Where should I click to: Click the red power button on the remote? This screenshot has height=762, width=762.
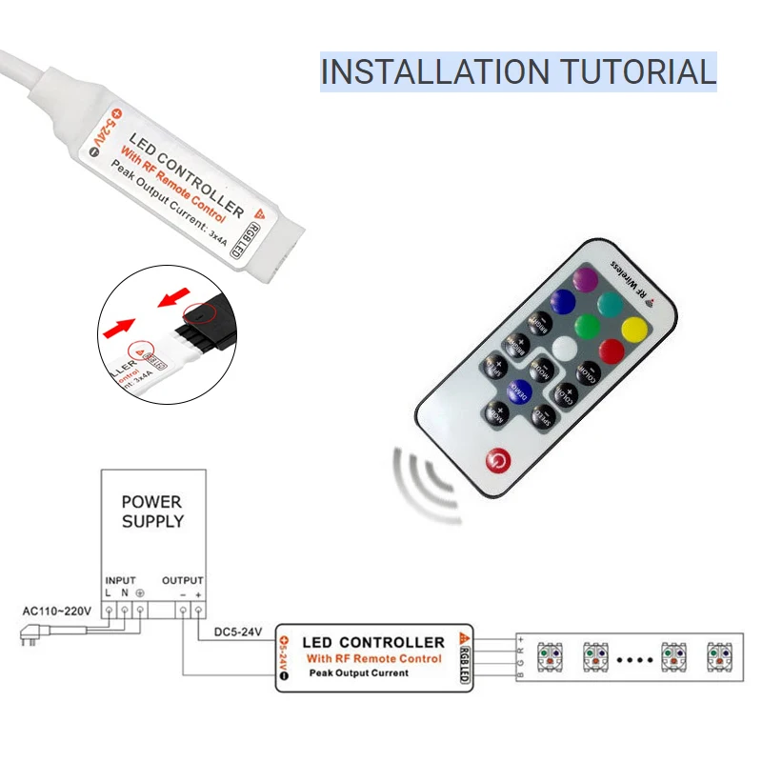point(497,462)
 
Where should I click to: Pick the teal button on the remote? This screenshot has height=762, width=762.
point(610,305)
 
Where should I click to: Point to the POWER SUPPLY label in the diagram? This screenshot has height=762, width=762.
point(151,511)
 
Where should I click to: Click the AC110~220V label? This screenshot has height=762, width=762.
point(56,611)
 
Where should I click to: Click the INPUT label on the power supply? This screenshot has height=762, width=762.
point(120,579)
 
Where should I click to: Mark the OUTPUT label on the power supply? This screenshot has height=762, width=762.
point(183,579)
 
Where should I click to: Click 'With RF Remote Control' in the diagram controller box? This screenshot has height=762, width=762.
point(373,658)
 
